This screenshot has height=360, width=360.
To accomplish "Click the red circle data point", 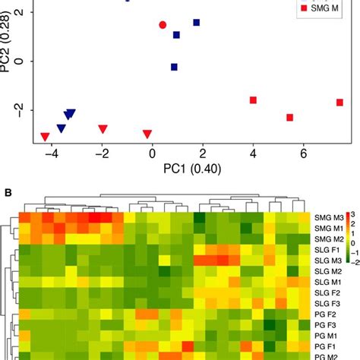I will (163, 25).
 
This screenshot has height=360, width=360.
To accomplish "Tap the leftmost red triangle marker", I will (45, 137).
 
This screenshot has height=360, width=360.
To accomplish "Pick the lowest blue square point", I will (174, 67).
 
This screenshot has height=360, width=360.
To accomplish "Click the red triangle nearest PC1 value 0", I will (147, 134).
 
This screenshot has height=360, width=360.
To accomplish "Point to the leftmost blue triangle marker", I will (62, 128).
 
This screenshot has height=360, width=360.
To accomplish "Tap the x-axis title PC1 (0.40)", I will (182, 169).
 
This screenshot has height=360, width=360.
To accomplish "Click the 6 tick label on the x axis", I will (303, 154).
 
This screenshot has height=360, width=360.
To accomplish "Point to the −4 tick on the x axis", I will (52, 154).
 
